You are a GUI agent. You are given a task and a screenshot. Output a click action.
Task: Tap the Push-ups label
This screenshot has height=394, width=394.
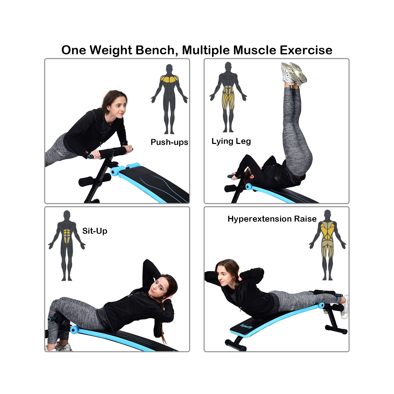(169, 142)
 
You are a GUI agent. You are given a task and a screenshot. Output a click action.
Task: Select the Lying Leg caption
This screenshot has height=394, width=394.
(231, 141)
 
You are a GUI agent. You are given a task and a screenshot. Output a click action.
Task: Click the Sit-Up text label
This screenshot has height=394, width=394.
(95, 231)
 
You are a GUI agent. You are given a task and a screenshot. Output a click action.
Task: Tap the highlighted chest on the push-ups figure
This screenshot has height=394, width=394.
(169, 79)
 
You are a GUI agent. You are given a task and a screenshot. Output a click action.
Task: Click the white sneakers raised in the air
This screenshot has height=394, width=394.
(294, 73)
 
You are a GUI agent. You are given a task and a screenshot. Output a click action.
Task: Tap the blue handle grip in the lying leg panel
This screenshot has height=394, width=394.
(231, 176)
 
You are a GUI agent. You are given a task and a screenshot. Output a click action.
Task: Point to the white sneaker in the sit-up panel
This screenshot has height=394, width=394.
(62, 347)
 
